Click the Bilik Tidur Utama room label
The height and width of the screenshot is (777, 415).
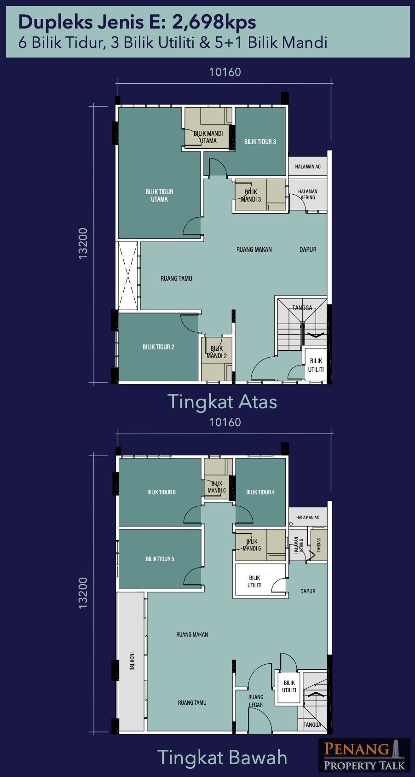(159, 196)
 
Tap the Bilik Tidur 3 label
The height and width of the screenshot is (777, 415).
(260, 141)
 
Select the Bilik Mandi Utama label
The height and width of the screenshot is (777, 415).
(208, 137)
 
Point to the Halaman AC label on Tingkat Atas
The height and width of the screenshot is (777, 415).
(308, 167)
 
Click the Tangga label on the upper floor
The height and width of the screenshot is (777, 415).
(302, 307)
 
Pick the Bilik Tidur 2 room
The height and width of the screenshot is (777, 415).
(158, 347)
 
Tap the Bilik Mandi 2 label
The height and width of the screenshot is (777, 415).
(217, 352)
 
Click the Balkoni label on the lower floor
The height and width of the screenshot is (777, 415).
(132, 661)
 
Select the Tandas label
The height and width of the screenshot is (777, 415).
(319, 545)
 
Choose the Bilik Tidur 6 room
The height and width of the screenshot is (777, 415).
(161, 492)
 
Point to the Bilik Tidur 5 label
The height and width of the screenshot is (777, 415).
(160, 559)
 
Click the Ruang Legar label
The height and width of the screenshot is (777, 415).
(256, 701)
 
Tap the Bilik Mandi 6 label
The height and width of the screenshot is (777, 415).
(252, 545)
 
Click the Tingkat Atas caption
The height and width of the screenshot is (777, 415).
(222, 402)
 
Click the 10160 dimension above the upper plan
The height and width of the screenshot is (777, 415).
(225, 72)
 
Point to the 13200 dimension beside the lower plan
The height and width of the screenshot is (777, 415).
(83, 592)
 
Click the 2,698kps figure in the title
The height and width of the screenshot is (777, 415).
(214, 22)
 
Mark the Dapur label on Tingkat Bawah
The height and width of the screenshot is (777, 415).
(308, 591)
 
